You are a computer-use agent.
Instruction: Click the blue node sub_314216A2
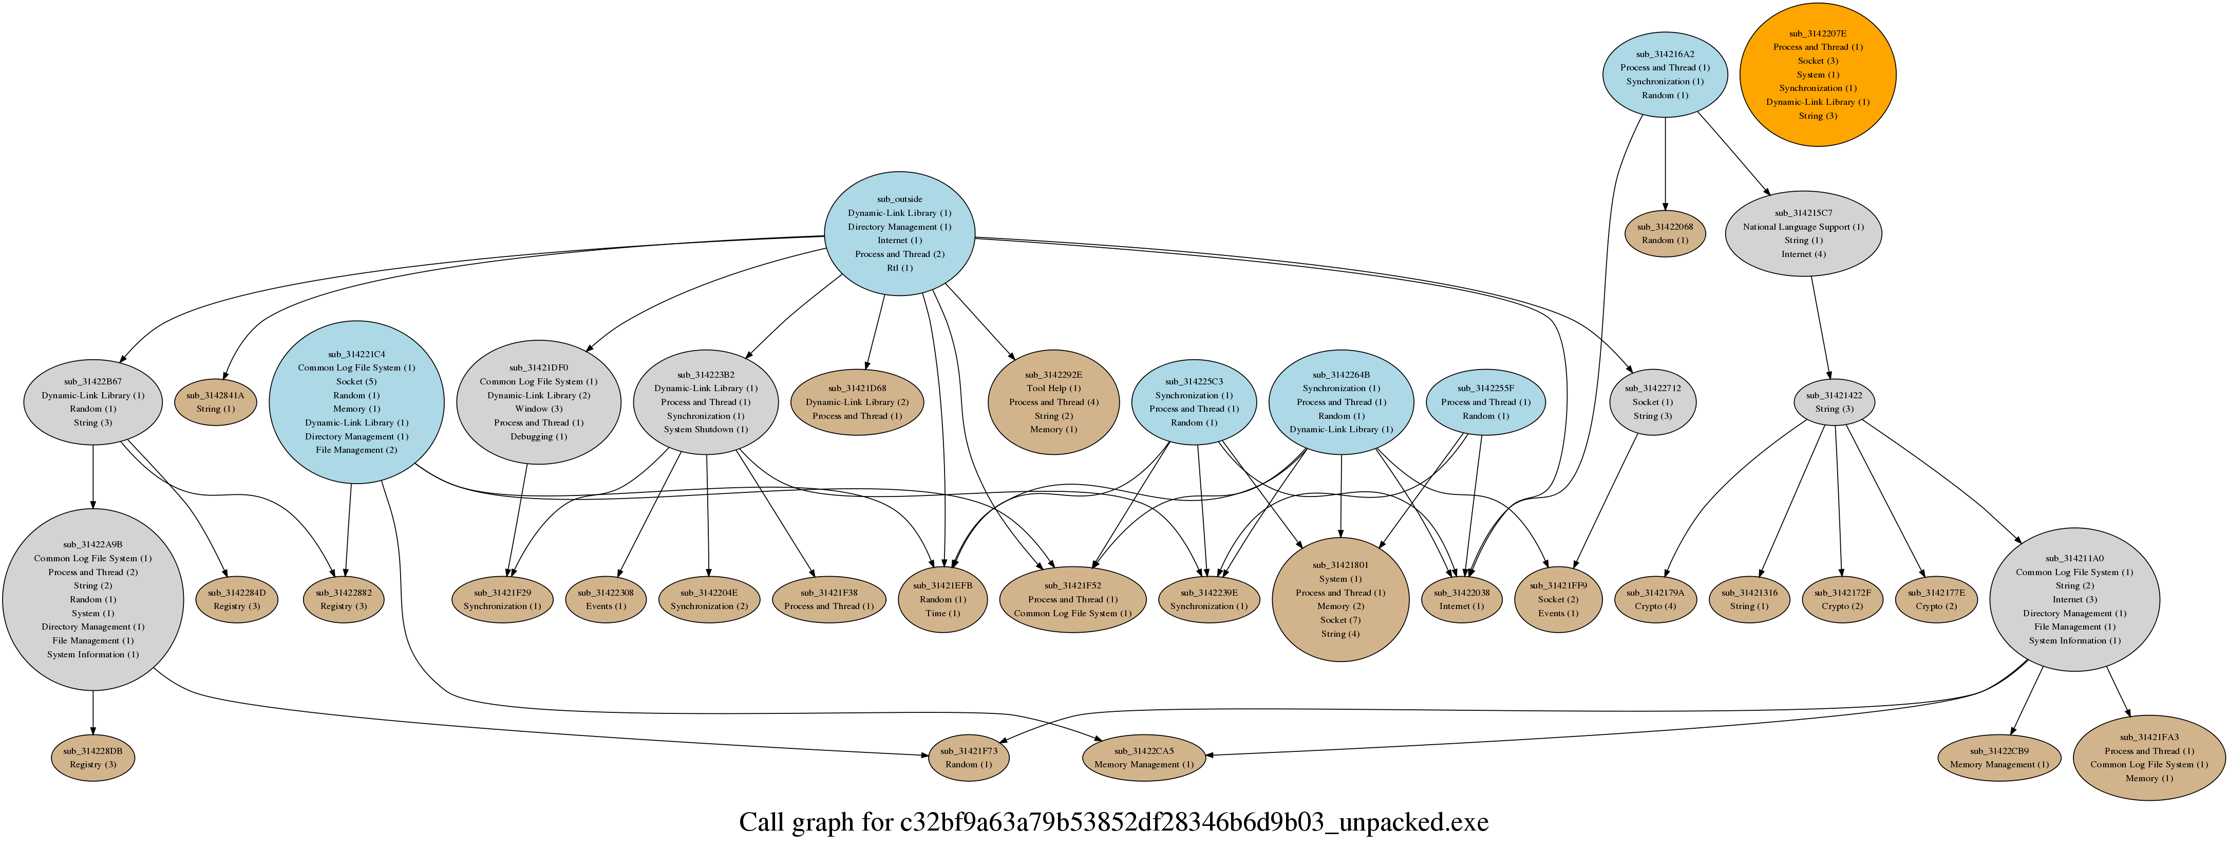point(1665,75)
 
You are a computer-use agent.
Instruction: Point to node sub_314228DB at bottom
point(92,758)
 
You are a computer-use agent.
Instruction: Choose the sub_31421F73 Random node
point(969,758)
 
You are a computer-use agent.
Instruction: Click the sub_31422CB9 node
point(1999,758)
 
